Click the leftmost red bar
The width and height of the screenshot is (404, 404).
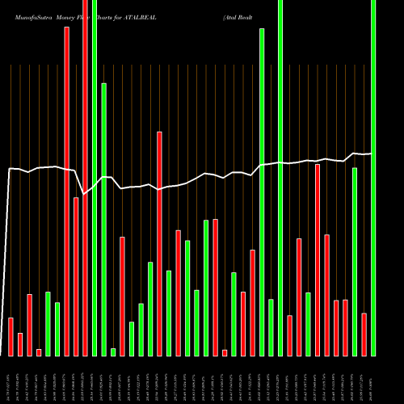11,336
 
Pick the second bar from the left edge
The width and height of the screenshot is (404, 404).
20,344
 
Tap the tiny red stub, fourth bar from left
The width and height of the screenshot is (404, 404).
39,352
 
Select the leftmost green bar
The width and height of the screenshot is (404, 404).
48,323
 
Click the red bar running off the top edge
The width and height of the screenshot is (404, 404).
86,178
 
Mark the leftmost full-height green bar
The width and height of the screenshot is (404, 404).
95,178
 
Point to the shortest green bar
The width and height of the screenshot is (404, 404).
113,351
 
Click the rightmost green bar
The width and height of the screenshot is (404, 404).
373,178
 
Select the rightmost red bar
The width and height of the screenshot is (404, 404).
364,334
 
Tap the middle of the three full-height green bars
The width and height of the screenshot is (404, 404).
280,178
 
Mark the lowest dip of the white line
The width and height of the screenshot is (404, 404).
84,194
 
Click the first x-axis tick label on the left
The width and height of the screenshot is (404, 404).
10,378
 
